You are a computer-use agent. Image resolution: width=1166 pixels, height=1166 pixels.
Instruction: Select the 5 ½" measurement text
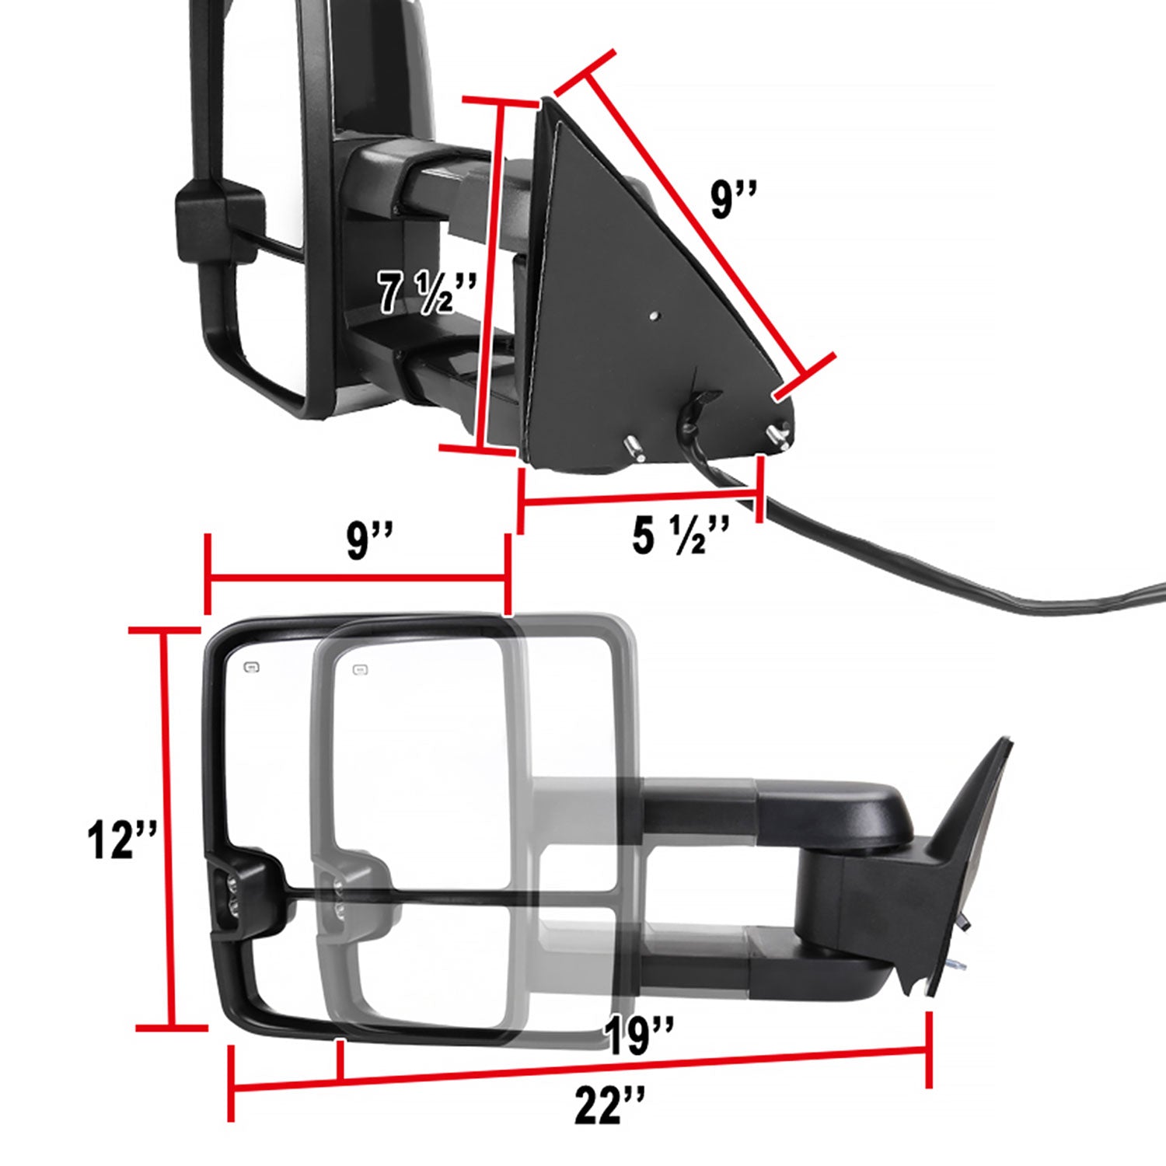pos(680,536)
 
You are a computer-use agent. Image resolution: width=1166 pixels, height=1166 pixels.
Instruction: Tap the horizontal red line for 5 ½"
pos(637,495)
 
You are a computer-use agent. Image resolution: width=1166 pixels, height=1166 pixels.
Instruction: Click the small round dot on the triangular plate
pos(655,316)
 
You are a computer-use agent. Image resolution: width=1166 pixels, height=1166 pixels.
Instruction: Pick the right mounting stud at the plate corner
pos(778,438)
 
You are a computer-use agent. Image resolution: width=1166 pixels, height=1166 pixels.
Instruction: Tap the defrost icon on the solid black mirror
pos(251,666)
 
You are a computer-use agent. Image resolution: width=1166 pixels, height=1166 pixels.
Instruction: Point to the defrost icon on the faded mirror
pos(359,669)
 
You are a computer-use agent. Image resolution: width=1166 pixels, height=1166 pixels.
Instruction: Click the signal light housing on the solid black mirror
pos(242,890)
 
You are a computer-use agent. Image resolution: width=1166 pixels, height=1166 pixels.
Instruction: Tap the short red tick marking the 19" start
pos(339,1060)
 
